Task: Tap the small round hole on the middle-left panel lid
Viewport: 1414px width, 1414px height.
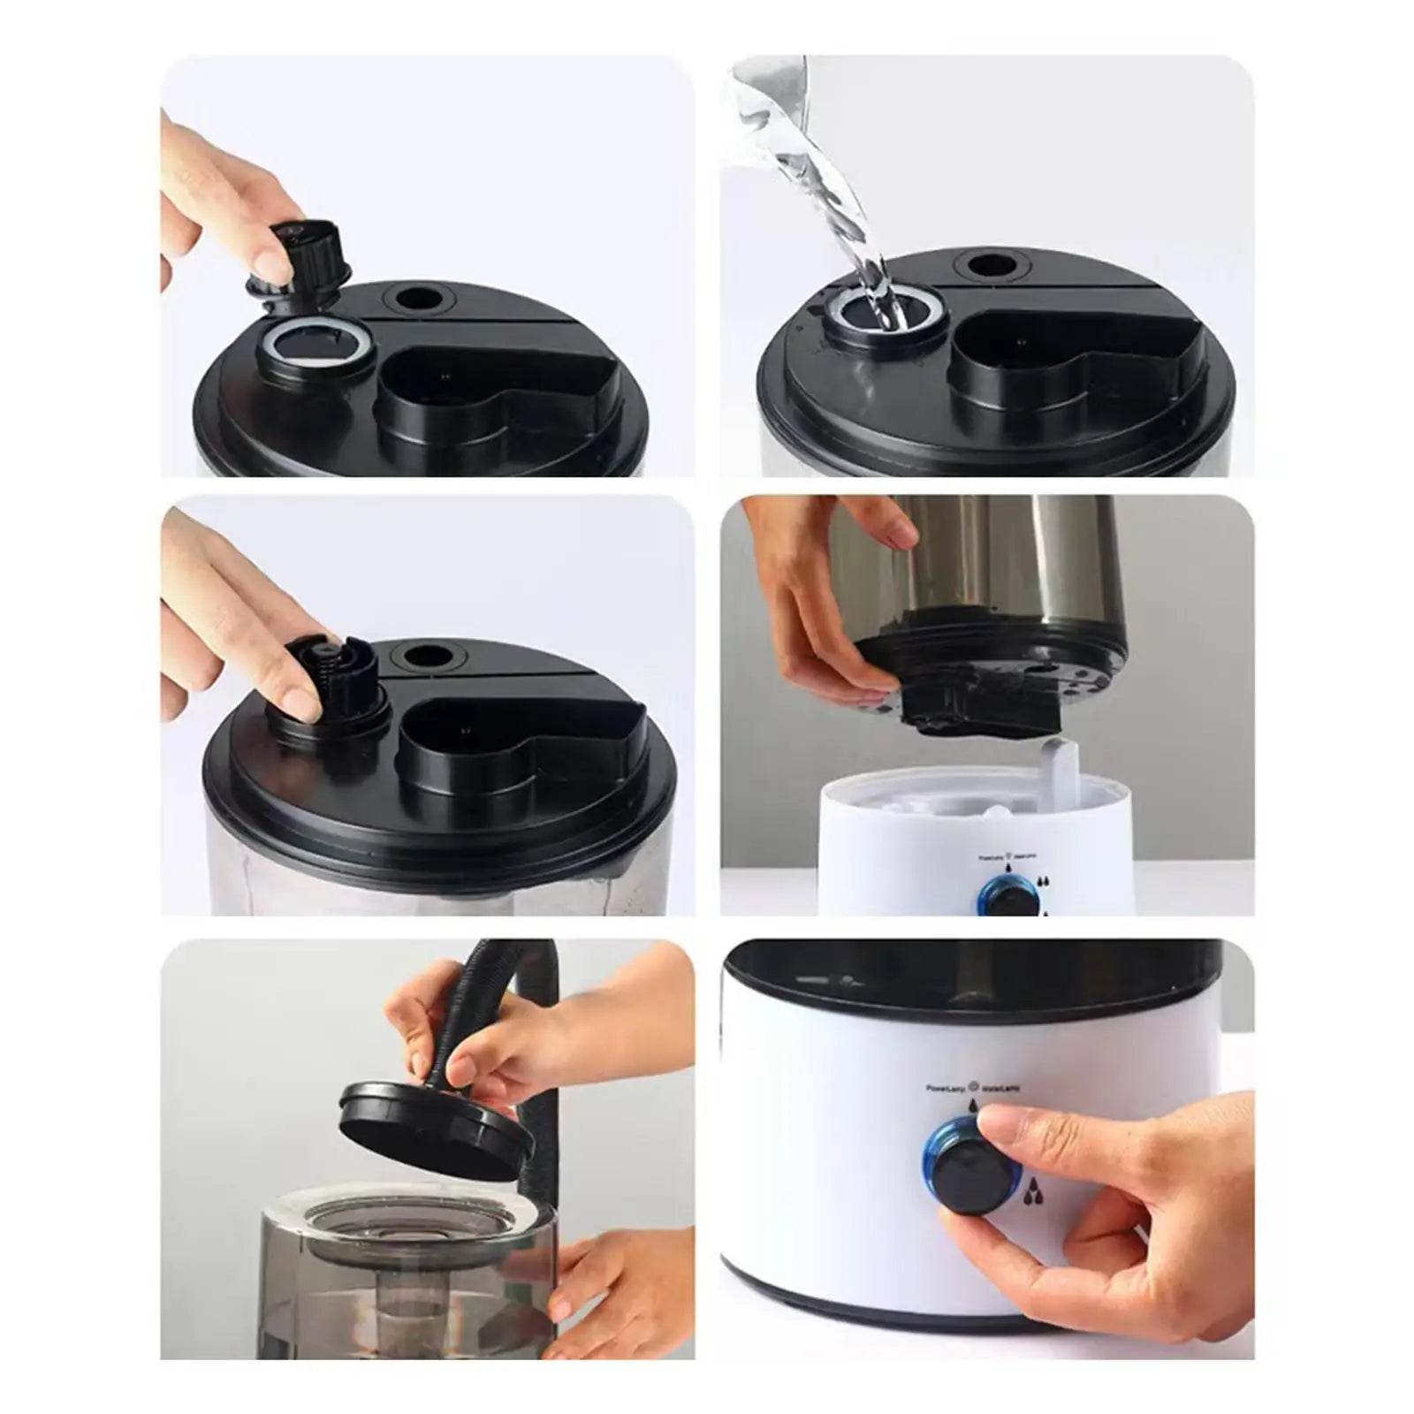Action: (x=429, y=655)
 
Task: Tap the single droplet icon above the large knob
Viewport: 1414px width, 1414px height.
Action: (x=973, y=1106)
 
